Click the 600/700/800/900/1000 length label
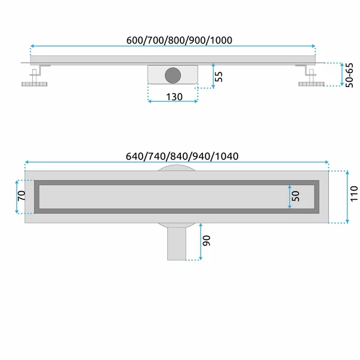[179, 40]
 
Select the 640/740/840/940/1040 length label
[182, 156]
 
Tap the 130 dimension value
[174, 97]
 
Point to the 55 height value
[219, 76]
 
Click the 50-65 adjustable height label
[349, 75]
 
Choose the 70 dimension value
[21, 196]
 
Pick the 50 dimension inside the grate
[296, 196]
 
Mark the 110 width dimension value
[354, 194]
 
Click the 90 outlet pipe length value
[207, 241]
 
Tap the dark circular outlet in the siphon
[173, 75]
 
